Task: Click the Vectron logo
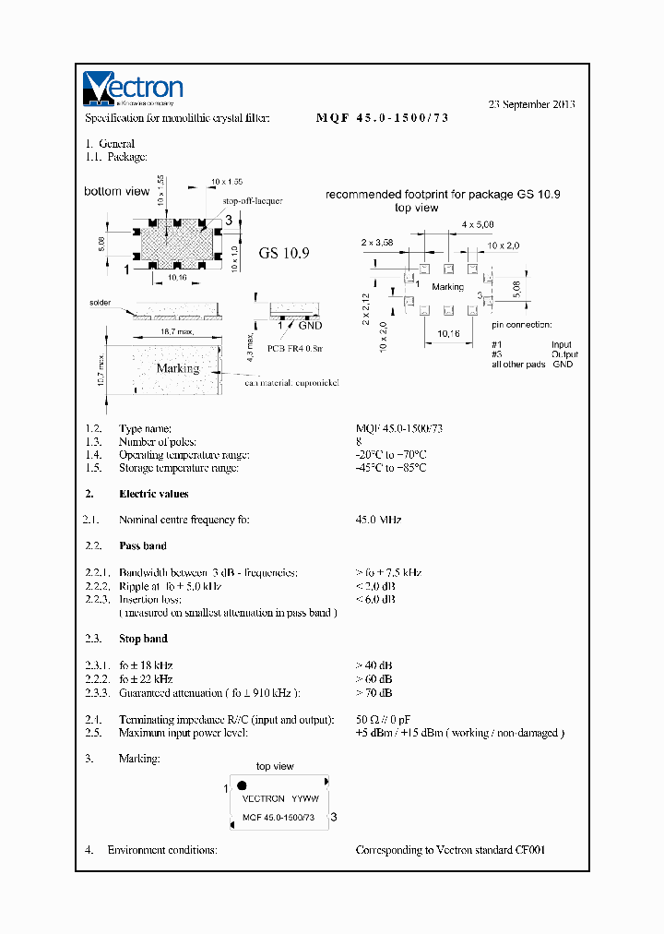(x=133, y=89)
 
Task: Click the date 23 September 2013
(x=531, y=104)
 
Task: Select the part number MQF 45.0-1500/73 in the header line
(x=382, y=118)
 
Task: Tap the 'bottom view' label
(x=116, y=191)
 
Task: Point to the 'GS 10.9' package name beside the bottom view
(x=283, y=253)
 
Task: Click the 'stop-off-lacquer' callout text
(x=252, y=200)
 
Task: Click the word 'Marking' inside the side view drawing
(x=177, y=368)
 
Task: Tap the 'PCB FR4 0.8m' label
(x=295, y=350)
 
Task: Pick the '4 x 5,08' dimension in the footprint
(x=480, y=224)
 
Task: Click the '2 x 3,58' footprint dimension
(x=378, y=242)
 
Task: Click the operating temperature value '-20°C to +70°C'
(x=391, y=455)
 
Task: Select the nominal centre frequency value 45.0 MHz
(x=378, y=520)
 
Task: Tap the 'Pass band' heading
(x=143, y=545)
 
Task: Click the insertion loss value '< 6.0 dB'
(x=375, y=599)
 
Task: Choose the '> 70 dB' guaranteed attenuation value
(x=373, y=692)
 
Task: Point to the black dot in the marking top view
(x=242, y=785)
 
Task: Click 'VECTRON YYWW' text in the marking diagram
(x=279, y=798)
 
